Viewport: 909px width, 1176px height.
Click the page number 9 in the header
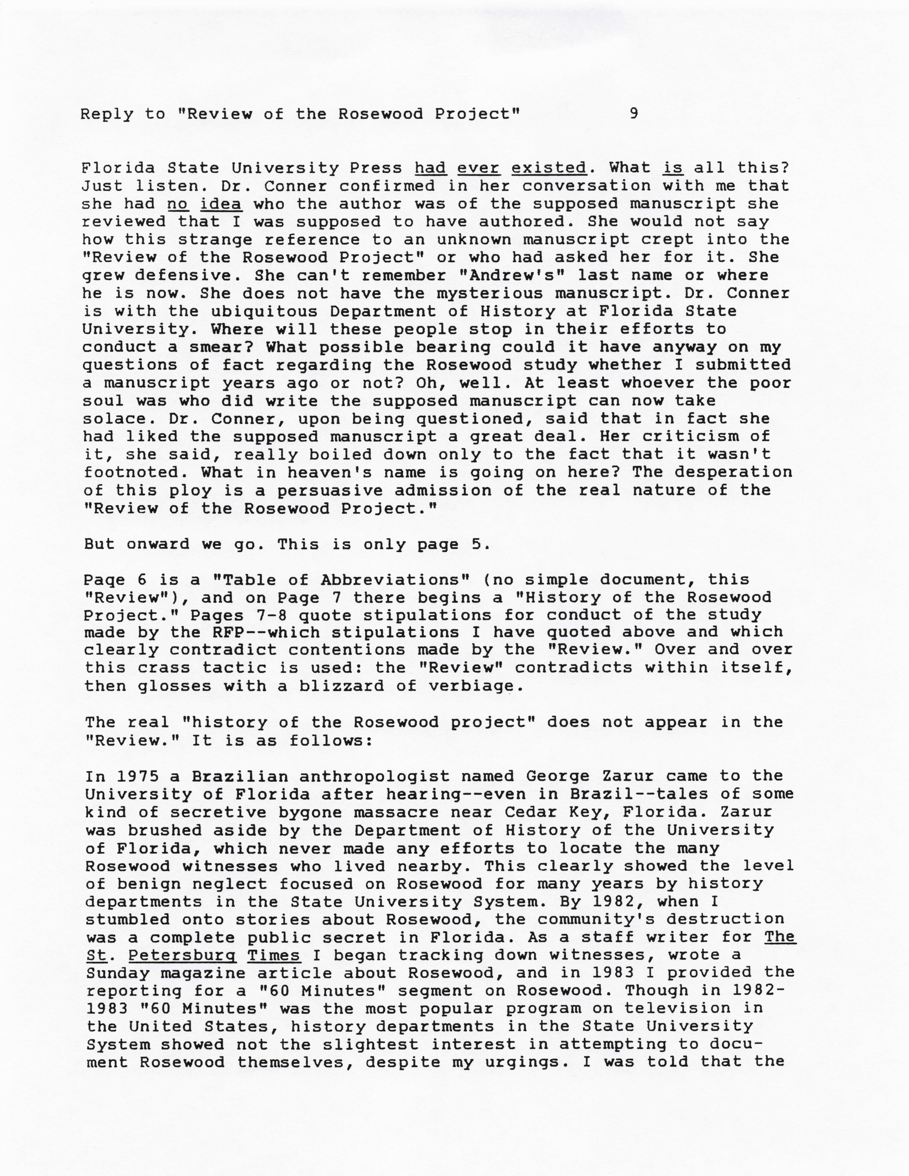[634, 114]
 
